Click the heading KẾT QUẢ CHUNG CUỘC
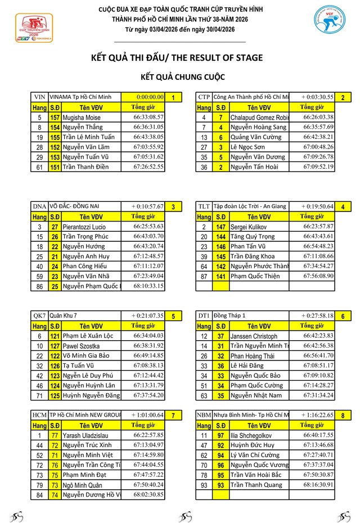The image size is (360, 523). point(180,76)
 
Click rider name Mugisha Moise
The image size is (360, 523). point(81,117)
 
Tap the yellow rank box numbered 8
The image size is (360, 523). point(343,415)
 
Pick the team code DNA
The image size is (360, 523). point(39,206)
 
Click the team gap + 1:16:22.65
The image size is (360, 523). point(317,414)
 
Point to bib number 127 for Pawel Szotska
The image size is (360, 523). point(55,346)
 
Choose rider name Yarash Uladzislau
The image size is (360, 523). point(85,435)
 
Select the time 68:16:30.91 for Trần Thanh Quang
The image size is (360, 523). point(318,485)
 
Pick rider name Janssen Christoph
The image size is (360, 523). point(254,336)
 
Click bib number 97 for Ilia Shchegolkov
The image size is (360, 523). point(221,435)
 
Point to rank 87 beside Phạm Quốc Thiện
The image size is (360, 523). point(204,276)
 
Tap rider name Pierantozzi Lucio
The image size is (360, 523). point(84,227)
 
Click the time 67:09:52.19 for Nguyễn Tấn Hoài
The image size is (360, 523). point(318,166)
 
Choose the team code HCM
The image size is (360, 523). point(40,414)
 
